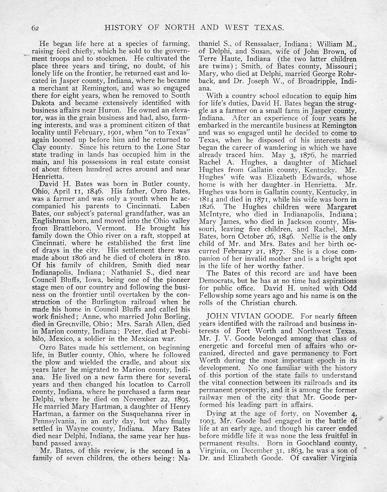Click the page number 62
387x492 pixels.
tap(35, 28)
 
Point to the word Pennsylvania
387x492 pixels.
tap(53, 421)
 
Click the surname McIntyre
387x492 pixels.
tap(215, 214)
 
